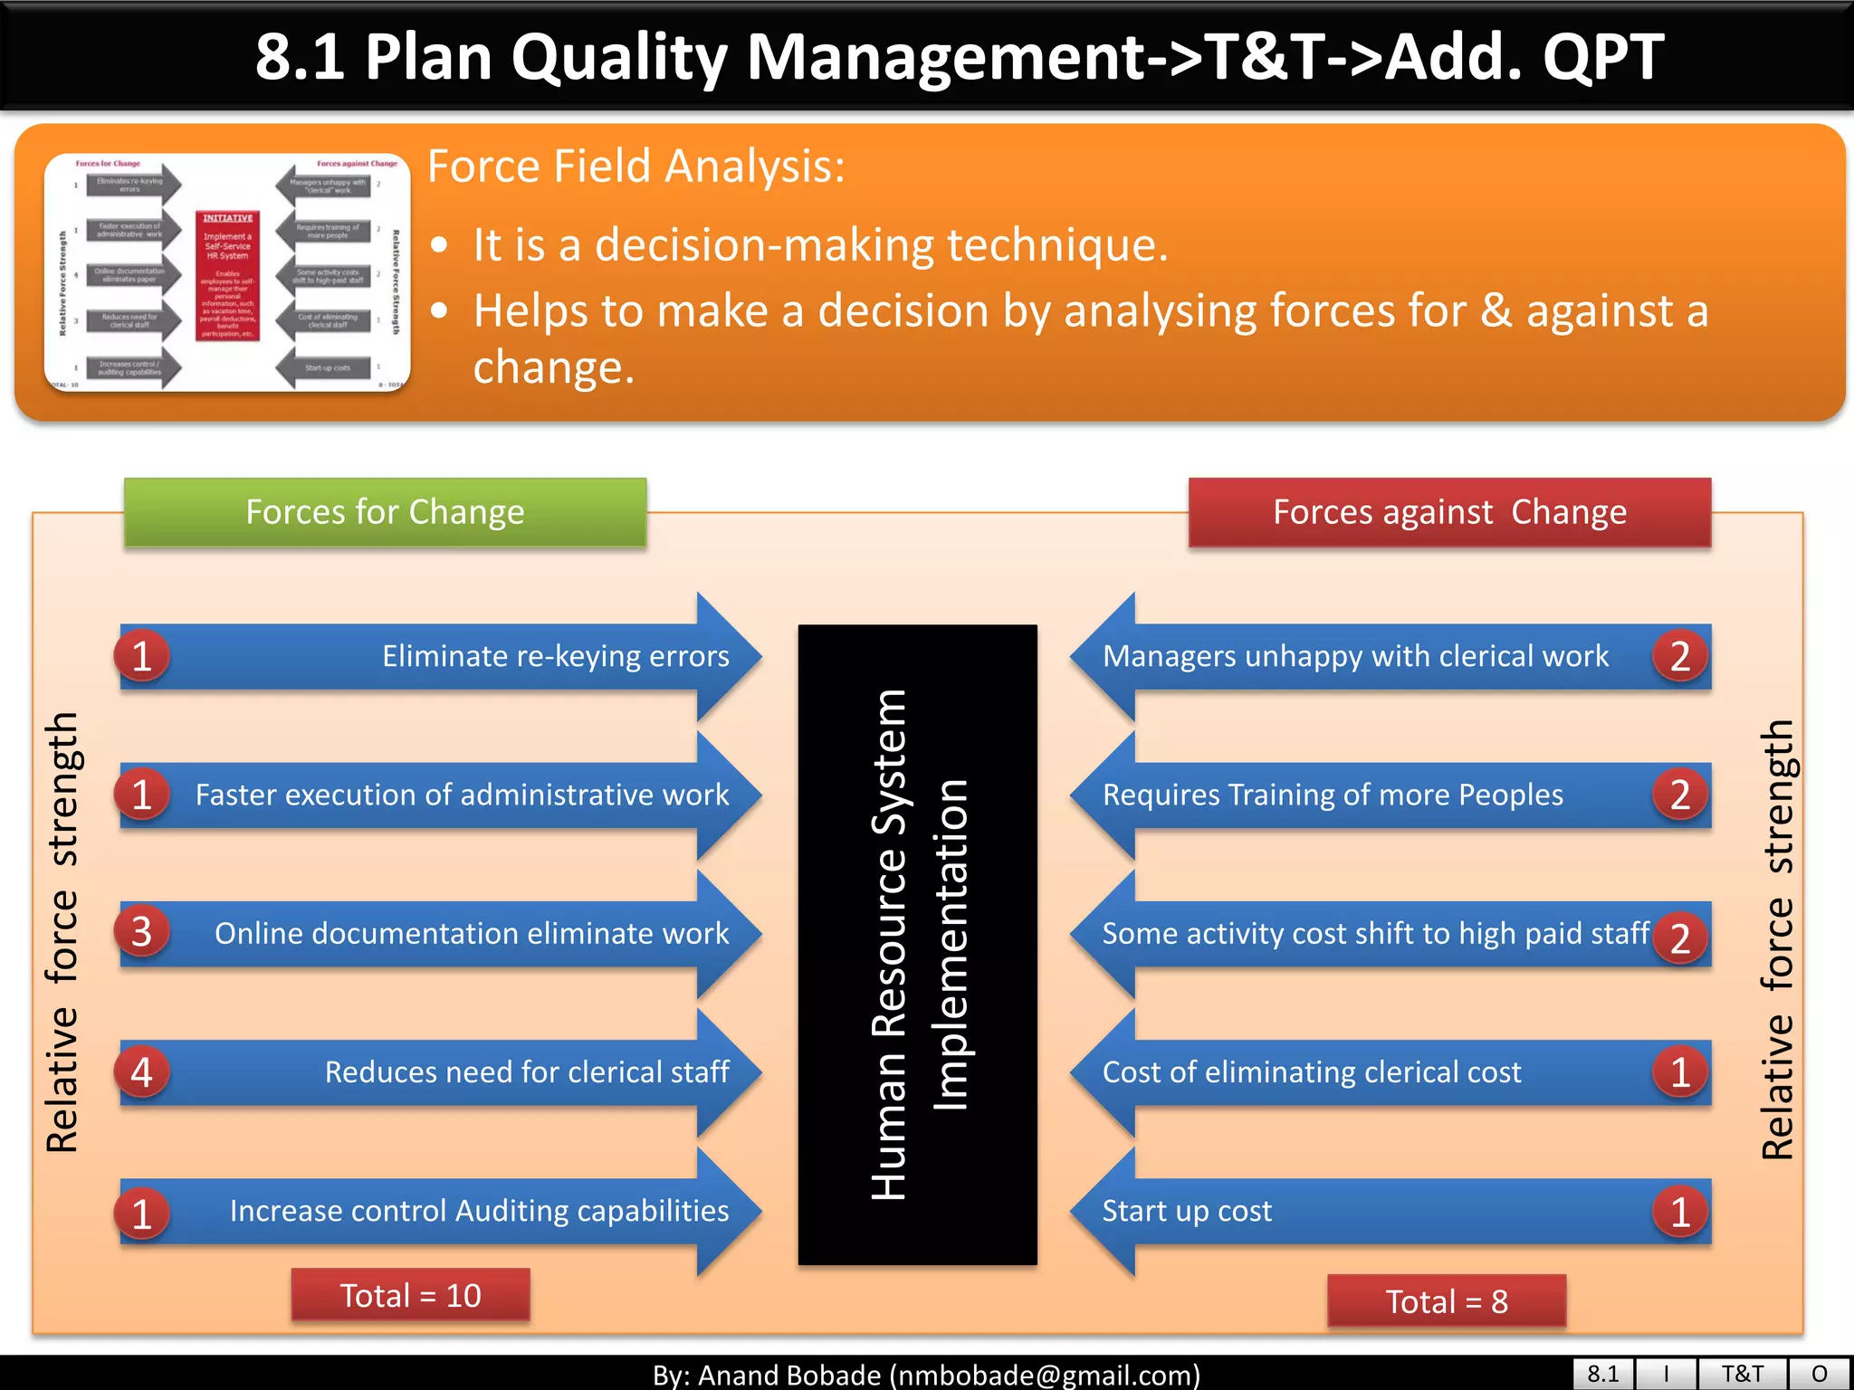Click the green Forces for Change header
[385, 512]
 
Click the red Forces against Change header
[1449, 512]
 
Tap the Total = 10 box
[410, 1295]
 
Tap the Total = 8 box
[1447, 1301]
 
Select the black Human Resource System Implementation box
[917, 944]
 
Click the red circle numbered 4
[141, 1072]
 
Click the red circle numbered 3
[141, 932]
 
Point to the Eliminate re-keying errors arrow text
[555, 656]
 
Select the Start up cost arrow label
[1187, 1211]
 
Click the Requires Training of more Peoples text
[1333, 795]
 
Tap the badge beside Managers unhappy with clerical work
[1680, 656]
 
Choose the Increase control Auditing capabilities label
[479, 1211]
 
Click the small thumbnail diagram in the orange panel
[227, 272]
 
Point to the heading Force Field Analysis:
[636, 167]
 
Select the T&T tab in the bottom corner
[1742, 1374]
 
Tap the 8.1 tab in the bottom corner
[1602, 1374]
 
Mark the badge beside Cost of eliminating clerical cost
[1680, 1072]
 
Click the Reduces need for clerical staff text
[527, 1072]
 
